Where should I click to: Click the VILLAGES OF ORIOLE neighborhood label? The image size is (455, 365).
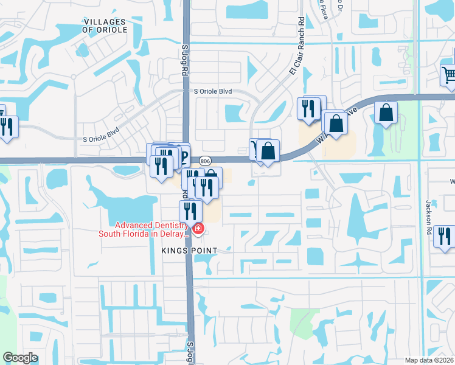tap(105, 26)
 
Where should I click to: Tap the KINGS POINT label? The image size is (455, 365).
tap(189, 251)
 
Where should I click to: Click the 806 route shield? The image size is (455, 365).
tap(204, 160)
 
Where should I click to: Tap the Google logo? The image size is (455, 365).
tap(20, 358)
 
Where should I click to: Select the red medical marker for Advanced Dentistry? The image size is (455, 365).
tap(198, 229)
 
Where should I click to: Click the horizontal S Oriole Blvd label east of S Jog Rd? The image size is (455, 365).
tap(213, 91)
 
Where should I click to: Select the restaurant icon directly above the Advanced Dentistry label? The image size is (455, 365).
tap(190, 211)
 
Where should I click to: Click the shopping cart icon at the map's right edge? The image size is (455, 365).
tap(449, 75)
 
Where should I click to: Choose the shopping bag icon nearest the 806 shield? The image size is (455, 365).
tap(268, 150)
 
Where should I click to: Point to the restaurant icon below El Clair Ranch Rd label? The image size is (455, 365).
tap(308, 108)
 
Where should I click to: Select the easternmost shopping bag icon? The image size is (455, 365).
tap(386, 113)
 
